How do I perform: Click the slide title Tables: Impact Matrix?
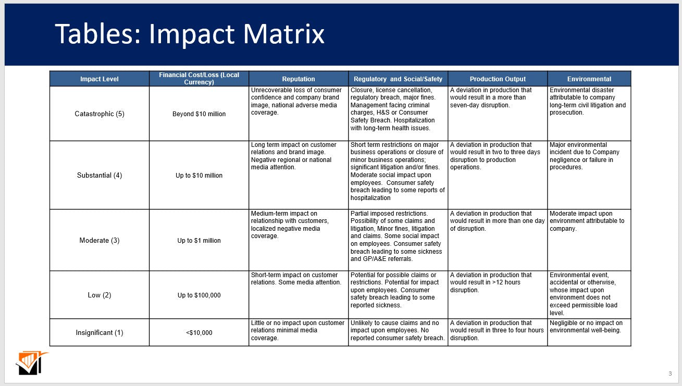click(x=190, y=34)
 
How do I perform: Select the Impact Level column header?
click(x=100, y=79)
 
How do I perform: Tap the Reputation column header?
click(x=299, y=79)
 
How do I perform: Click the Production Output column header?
click(x=498, y=79)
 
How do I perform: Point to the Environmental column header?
click(x=589, y=79)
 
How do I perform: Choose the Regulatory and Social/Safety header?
click(x=398, y=79)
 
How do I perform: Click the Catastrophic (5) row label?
click(x=100, y=114)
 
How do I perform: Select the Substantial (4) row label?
click(x=100, y=176)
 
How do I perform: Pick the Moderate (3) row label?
click(x=100, y=241)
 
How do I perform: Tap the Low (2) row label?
click(x=100, y=295)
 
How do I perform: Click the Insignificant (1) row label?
click(x=100, y=333)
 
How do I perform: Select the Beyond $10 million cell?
click(x=199, y=114)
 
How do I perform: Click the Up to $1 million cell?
click(x=199, y=241)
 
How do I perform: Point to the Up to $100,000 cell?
click(x=199, y=295)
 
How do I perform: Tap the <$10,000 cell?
click(x=199, y=333)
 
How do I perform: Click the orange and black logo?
click(x=31, y=363)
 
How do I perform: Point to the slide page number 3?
click(x=670, y=373)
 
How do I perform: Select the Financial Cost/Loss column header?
click(x=199, y=79)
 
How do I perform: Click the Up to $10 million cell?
click(x=199, y=176)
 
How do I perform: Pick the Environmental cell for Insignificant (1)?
click(x=586, y=327)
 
